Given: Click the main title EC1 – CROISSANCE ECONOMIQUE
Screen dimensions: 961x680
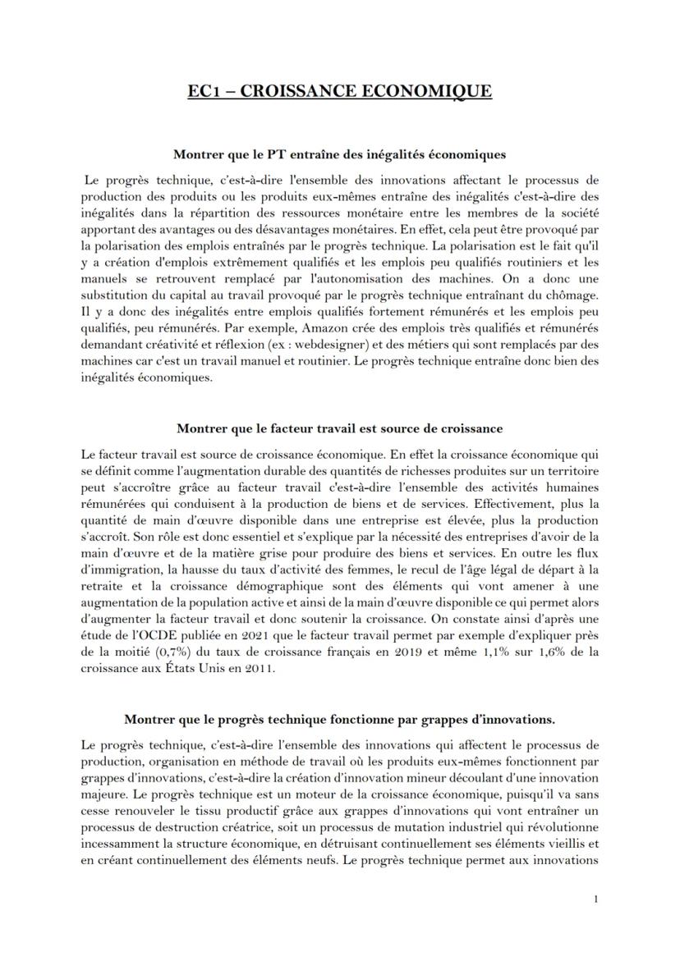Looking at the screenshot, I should pyautogui.click(x=339, y=90).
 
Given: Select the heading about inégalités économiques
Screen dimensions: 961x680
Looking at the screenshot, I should pyautogui.click(x=339, y=153).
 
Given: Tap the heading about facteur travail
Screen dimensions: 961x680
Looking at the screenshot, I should pyautogui.click(x=339, y=428).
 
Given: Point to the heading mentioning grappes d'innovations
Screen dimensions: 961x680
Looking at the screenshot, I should pyautogui.click(x=339, y=719).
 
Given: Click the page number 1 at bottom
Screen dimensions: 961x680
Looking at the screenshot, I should pyautogui.click(x=595, y=899).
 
